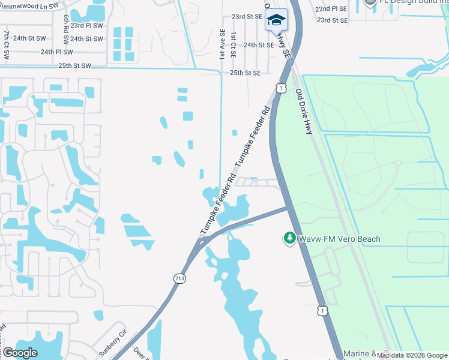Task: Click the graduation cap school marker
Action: (x=276, y=20)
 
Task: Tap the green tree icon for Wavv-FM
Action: (x=289, y=239)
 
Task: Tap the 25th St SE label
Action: (x=246, y=73)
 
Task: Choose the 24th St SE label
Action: (x=259, y=44)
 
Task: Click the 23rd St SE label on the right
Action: (x=333, y=20)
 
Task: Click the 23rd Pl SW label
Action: (x=85, y=26)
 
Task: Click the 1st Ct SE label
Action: (x=234, y=46)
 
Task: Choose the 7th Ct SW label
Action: (x=7, y=46)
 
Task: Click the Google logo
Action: (x=20, y=352)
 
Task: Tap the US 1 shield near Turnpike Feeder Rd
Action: (x=281, y=88)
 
